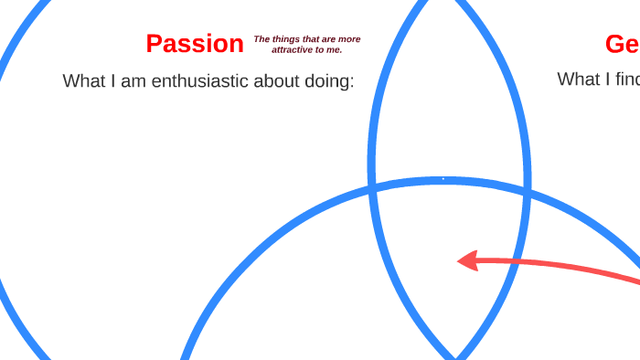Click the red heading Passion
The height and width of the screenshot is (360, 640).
coord(195,44)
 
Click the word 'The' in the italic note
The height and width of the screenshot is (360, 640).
coord(261,39)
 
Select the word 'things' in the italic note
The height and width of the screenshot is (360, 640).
coord(286,39)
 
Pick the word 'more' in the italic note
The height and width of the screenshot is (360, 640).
coord(350,39)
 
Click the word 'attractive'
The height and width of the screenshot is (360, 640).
coord(292,49)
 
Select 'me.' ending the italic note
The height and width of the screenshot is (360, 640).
coord(333,49)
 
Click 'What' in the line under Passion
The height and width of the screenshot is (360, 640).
coord(84,80)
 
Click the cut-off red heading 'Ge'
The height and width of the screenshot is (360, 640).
coord(622,44)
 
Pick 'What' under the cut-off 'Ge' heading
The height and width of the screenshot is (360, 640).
coord(579,79)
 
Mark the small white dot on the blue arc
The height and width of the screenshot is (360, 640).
coord(443,179)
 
